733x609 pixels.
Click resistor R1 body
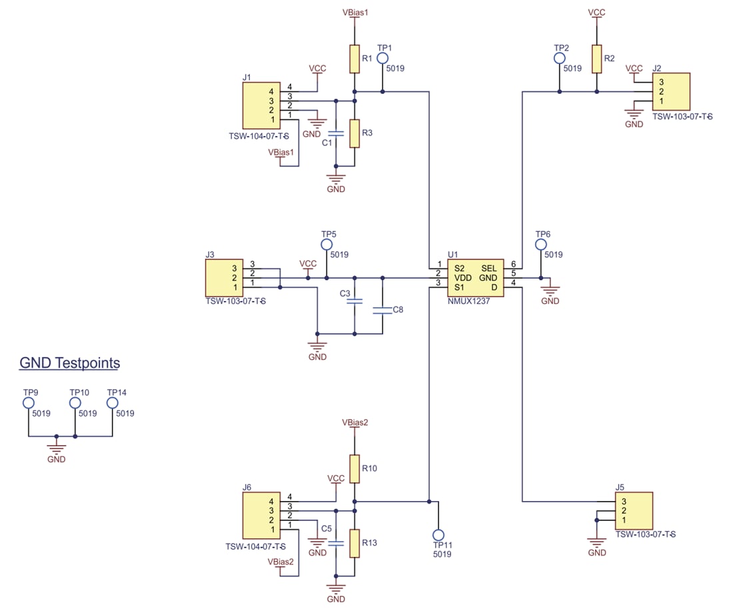pyautogui.click(x=355, y=59)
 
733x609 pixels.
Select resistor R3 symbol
pyautogui.click(x=355, y=133)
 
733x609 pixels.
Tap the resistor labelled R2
pyautogui.click(x=596, y=59)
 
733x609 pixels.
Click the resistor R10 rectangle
pyautogui.click(x=355, y=469)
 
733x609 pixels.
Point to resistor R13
pyautogui.click(x=355, y=542)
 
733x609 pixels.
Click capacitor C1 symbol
pyautogui.click(x=336, y=133)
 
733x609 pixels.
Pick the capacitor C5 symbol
pyautogui.click(x=336, y=542)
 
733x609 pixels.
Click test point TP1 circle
pyautogui.click(x=382, y=59)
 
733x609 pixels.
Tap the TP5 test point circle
pyautogui.click(x=327, y=245)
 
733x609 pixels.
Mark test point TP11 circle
pyautogui.click(x=438, y=535)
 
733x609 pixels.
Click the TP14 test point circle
pyautogui.click(x=112, y=403)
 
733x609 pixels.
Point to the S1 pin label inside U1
pyautogui.click(x=459, y=287)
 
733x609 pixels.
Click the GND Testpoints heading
pyautogui.click(x=70, y=363)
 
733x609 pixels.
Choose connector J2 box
pyautogui.click(x=670, y=92)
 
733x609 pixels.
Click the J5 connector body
pyautogui.click(x=634, y=510)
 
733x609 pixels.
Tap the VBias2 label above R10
pyautogui.click(x=355, y=422)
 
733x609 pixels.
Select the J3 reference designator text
pyautogui.click(x=210, y=255)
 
